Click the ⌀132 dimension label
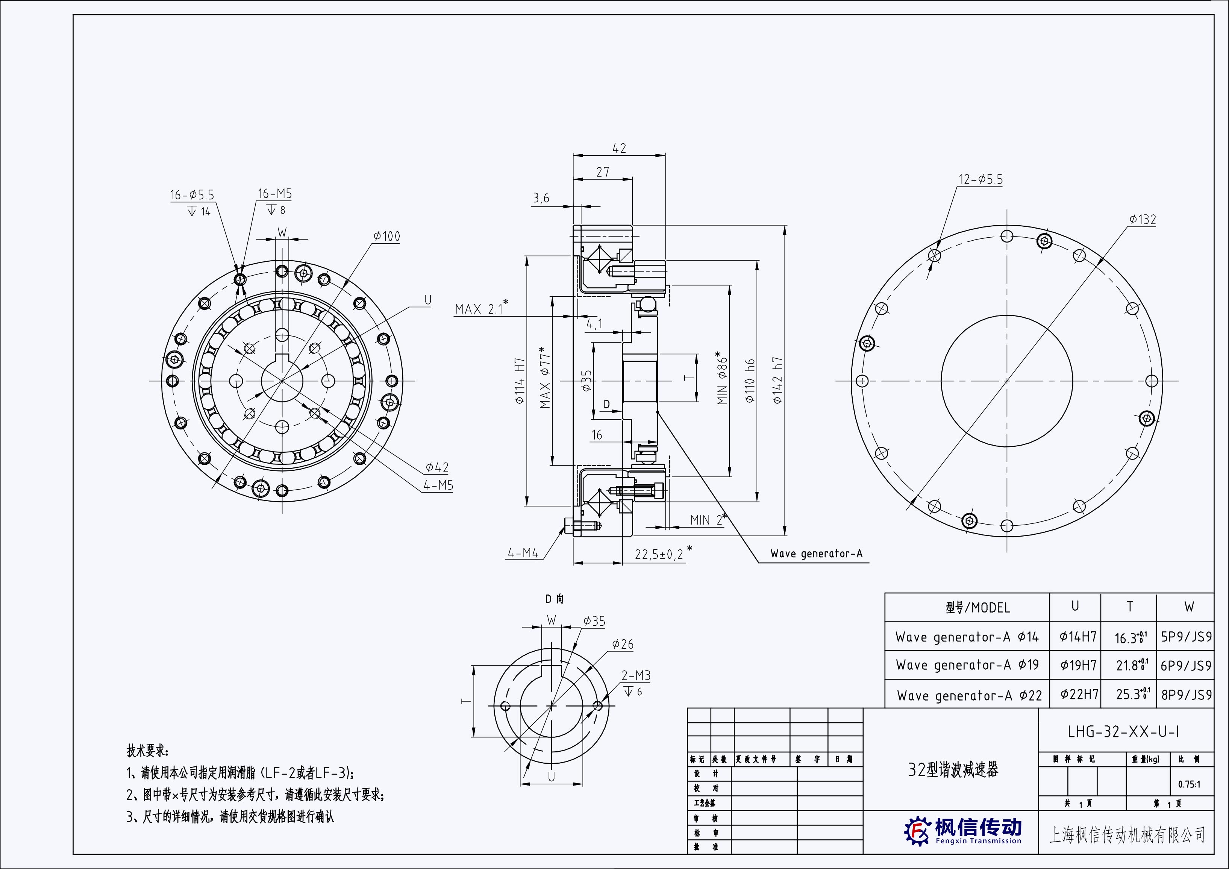[1142, 220]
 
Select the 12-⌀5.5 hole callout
[980, 179]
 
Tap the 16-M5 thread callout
[274, 194]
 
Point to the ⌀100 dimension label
[386, 236]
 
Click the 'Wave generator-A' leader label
[816, 554]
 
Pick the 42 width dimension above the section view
[619, 148]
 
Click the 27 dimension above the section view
[603, 172]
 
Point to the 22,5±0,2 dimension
[659, 554]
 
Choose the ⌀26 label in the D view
[623, 644]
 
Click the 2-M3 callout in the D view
[636, 676]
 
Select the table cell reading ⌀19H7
[1078, 665]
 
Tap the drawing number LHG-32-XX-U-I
[1123, 731]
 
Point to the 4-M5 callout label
[438, 485]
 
